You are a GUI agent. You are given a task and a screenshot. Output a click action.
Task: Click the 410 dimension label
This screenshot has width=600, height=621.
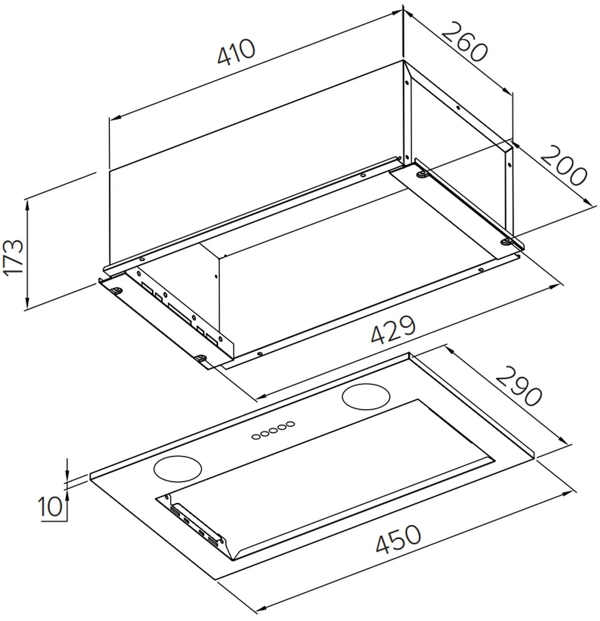pos(236,53)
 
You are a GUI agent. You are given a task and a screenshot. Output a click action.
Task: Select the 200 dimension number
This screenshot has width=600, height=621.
pos(563,166)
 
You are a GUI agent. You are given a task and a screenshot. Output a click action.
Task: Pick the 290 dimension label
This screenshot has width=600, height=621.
pos(518,386)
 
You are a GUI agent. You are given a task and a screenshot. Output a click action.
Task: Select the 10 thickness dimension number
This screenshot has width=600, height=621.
pos(50,506)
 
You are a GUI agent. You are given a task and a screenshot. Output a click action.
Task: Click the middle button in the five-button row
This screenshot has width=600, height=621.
pos(273,431)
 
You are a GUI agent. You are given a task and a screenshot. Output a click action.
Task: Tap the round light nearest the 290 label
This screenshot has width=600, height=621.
pos(366,397)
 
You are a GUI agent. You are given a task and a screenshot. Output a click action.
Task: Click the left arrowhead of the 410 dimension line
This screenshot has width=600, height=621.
pos(115,117)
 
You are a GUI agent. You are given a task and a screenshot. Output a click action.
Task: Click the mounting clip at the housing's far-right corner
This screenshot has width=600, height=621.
pos(506,242)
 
